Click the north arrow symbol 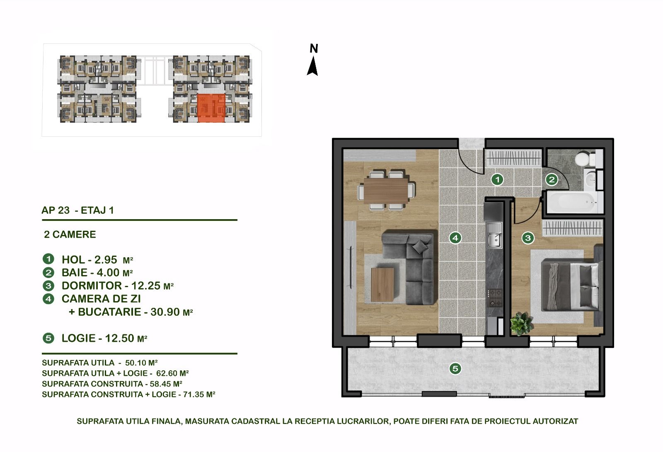312,66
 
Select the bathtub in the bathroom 571,203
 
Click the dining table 386,190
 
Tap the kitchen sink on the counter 494,235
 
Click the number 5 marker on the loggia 455,369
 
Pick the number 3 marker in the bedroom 528,238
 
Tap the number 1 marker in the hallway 497,179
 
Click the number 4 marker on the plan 455,238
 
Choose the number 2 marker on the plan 552,179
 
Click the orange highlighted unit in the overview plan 211,108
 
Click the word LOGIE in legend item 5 78,338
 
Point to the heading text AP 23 56,210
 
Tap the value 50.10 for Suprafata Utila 136,363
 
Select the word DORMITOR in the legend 92,285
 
